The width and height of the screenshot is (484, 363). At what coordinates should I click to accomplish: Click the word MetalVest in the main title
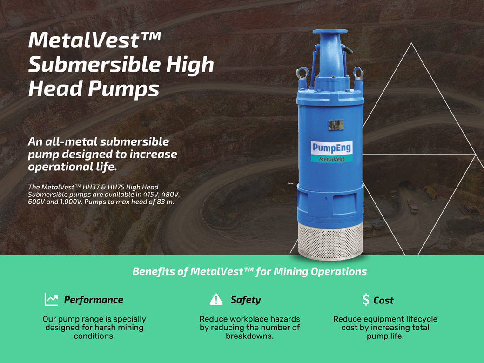click(84, 40)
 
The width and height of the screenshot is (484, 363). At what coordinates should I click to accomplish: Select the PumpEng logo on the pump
click(331, 148)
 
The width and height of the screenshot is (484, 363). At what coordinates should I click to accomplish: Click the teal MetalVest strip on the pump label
click(331, 159)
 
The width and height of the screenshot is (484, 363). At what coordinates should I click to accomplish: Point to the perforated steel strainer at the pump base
click(330, 241)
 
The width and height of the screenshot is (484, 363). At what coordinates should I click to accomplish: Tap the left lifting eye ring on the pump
click(302, 73)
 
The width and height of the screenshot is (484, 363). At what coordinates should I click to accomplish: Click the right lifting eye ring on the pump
click(358, 73)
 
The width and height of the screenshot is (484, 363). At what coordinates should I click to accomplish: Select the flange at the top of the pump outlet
click(329, 32)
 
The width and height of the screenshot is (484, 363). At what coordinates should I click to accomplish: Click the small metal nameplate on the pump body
click(336, 125)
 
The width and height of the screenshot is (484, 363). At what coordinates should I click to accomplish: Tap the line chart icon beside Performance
click(51, 299)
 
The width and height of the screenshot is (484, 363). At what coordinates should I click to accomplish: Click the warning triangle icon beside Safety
click(216, 299)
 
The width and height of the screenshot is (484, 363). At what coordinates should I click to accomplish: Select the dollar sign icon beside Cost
click(366, 299)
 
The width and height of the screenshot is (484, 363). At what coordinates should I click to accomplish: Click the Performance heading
click(94, 300)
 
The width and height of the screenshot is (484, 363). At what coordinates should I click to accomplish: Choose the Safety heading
click(246, 300)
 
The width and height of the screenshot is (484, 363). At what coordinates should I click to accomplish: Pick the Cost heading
click(383, 300)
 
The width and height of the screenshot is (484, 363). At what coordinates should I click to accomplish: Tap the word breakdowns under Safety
click(249, 336)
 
